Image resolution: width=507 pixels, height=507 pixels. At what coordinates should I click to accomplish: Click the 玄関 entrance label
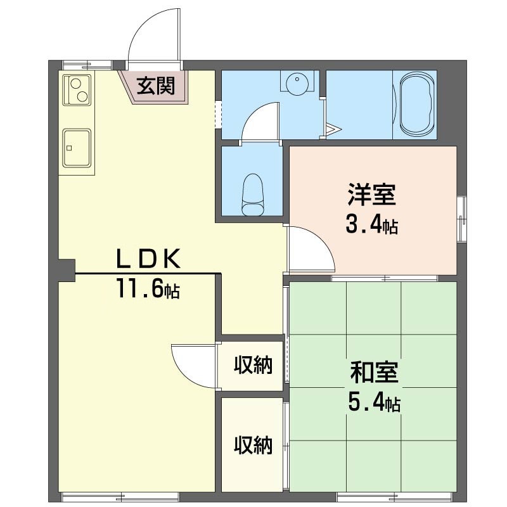click(x=155, y=86)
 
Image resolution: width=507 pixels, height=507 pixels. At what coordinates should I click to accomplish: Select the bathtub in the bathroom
click(x=416, y=104)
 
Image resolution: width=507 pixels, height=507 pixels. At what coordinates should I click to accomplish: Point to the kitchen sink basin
click(x=77, y=148)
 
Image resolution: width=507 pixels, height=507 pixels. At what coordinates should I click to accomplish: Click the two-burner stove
click(x=77, y=89)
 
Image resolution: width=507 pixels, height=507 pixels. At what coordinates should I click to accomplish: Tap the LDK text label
click(x=148, y=259)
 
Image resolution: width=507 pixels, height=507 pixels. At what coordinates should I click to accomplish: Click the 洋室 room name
click(x=372, y=195)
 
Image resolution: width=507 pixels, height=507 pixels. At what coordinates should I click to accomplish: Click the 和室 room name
click(x=374, y=373)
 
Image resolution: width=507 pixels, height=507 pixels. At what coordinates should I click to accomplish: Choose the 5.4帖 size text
click(x=374, y=402)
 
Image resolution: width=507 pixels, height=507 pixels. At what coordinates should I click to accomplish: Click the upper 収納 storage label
click(x=253, y=365)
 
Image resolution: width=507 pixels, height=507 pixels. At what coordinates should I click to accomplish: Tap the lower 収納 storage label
click(x=253, y=445)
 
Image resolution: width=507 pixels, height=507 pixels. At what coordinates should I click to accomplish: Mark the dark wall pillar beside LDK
click(x=67, y=271)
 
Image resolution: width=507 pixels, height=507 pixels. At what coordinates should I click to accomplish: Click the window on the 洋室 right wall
click(x=462, y=219)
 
